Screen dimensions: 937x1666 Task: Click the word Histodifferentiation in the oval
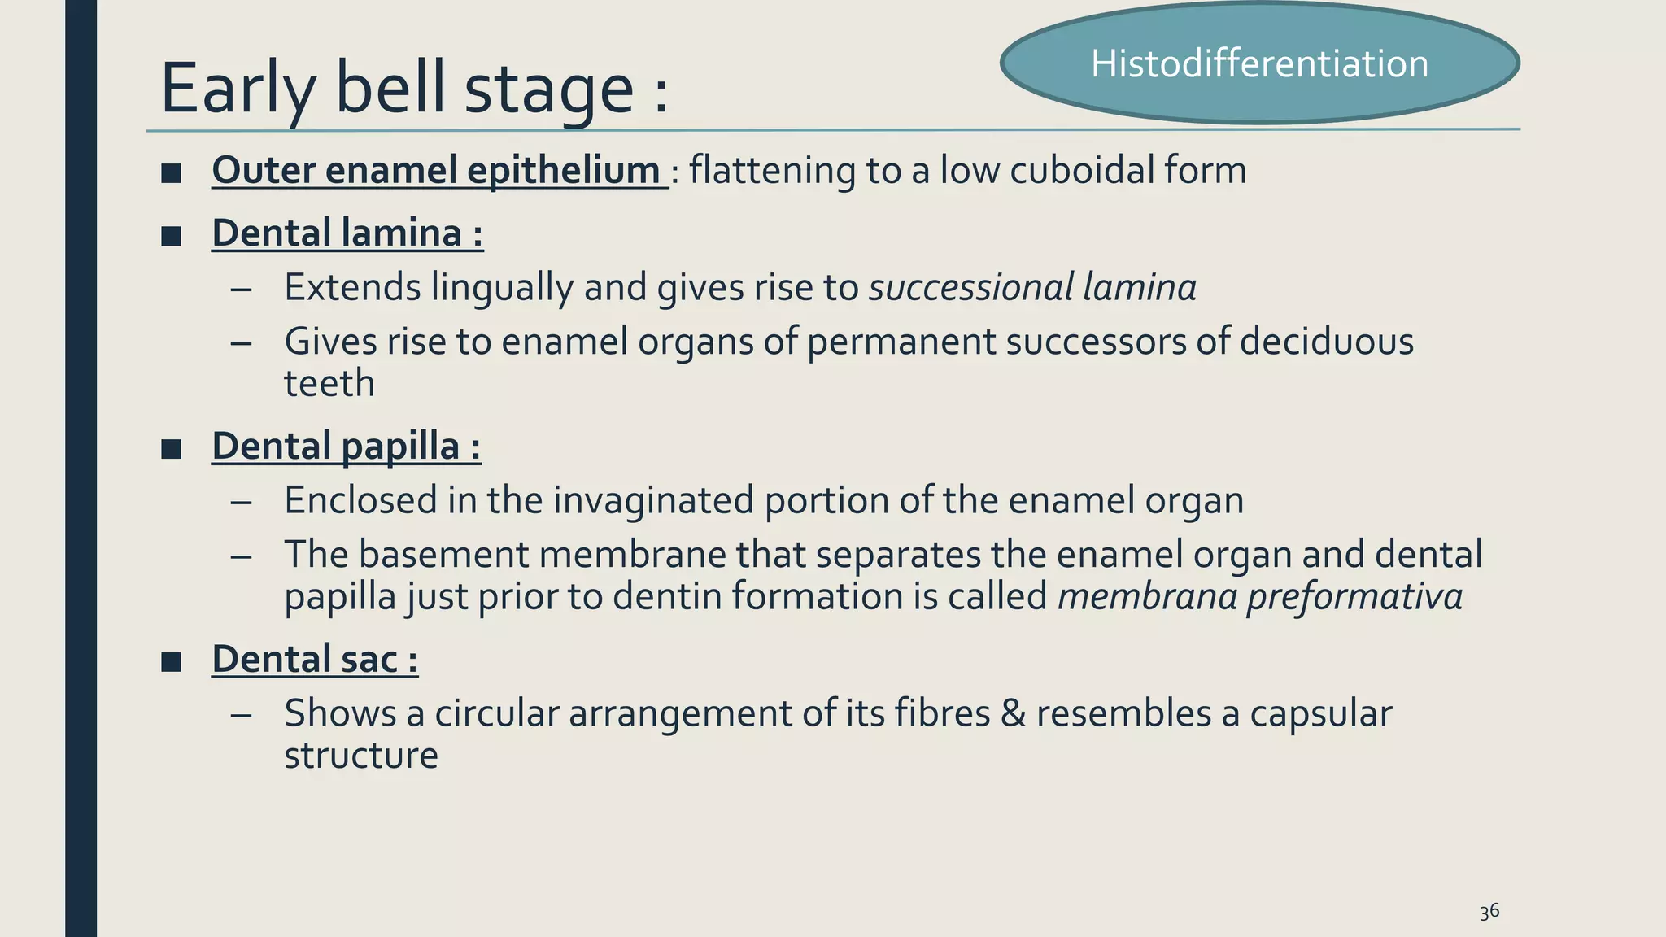(x=1259, y=63)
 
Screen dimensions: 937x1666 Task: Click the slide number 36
(x=1489, y=912)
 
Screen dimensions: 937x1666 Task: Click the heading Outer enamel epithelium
(x=437, y=171)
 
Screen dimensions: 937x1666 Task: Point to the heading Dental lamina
(x=347, y=233)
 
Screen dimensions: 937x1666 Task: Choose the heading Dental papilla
(x=346, y=447)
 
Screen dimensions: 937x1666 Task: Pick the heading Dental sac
(x=315, y=659)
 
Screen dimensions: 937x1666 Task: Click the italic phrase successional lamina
(x=1032, y=288)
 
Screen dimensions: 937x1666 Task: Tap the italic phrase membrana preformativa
(x=1259, y=596)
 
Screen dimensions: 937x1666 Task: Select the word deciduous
(x=1326, y=342)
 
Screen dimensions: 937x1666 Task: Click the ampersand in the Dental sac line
(x=1012, y=713)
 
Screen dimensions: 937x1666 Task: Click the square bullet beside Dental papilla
(x=171, y=449)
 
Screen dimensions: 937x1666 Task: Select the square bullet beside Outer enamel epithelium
(x=171, y=173)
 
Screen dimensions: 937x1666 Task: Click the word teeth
(x=329, y=384)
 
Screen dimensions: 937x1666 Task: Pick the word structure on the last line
(x=361, y=756)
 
